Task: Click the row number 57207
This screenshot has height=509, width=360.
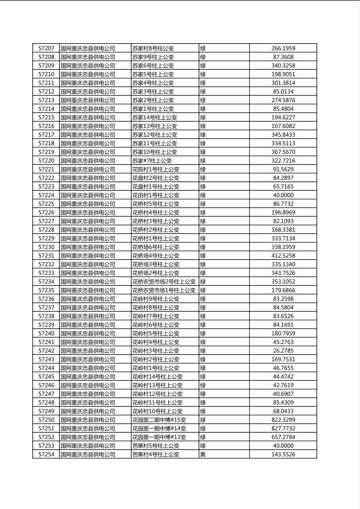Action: (x=46, y=48)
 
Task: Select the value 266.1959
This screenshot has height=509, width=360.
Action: (x=283, y=48)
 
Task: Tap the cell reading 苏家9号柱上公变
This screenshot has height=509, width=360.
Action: (x=153, y=57)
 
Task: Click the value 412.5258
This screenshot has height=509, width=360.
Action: (x=283, y=256)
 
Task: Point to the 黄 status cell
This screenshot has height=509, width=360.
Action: (x=203, y=454)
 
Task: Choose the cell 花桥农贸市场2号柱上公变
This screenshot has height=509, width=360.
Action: (x=164, y=282)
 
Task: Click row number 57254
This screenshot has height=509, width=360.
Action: (x=46, y=454)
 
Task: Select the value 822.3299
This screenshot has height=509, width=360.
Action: (x=283, y=420)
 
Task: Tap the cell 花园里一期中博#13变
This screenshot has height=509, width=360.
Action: (x=159, y=437)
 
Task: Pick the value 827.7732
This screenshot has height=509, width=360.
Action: (x=283, y=428)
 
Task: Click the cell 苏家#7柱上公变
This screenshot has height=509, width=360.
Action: (x=152, y=161)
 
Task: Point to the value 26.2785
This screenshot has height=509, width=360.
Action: (x=283, y=350)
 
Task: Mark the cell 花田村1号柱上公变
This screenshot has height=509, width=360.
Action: (x=156, y=195)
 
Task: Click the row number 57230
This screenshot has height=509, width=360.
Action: (x=46, y=247)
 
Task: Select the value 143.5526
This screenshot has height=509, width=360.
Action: (x=283, y=454)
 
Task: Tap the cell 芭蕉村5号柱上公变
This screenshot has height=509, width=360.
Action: (x=156, y=446)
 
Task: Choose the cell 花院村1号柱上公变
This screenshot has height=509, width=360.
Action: (x=156, y=169)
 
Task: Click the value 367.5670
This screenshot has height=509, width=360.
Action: (x=283, y=152)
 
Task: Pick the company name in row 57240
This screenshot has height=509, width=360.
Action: (x=88, y=333)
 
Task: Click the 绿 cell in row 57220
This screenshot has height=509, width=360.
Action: (x=203, y=161)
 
